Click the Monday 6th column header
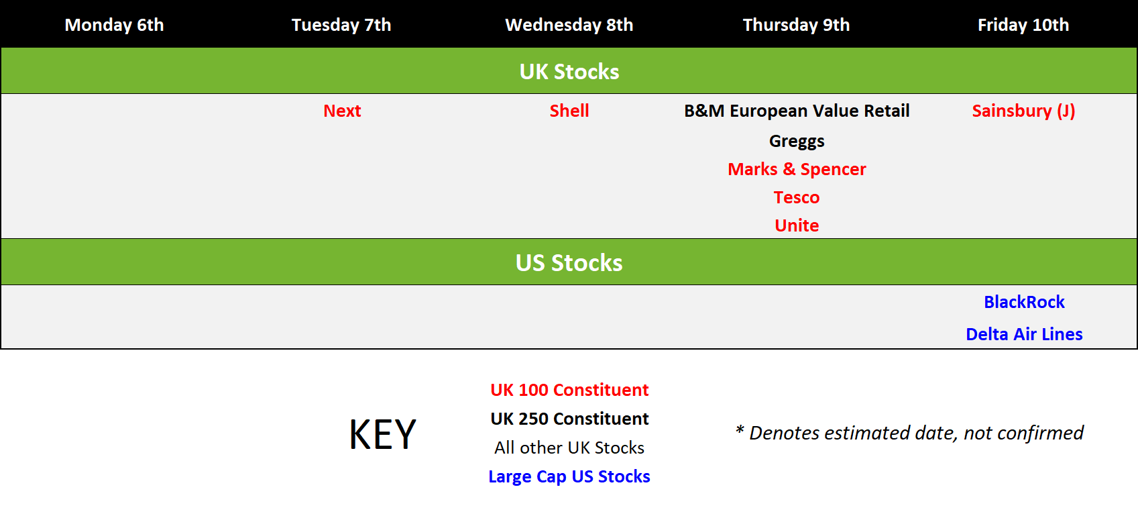[x=114, y=25]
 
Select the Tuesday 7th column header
[x=341, y=25]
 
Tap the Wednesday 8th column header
[x=569, y=25]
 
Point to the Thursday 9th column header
[x=796, y=25]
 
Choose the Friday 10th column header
[x=1023, y=25]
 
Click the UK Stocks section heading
[x=569, y=72]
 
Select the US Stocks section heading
[x=569, y=263]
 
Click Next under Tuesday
[x=342, y=111]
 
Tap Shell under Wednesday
[x=569, y=111]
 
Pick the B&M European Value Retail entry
[x=797, y=111]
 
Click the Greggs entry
[x=797, y=141]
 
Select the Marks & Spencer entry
[x=797, y=169]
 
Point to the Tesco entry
[x=797, y=197]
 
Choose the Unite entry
[x=797, y=225]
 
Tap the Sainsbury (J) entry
[x=1024, y=111]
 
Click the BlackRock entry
[x=1024, y=302]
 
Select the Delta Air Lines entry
[x=1024, y=334]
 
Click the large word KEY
[x=382, y=435]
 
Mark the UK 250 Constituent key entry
[x=569, y=419]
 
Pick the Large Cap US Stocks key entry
[x=569, y=476]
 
